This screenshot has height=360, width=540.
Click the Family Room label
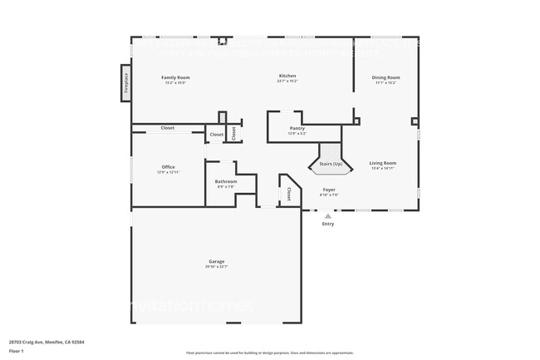(x=174, y=77)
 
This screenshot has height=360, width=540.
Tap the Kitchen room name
(x=287, y=76)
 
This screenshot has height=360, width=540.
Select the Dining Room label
(x=385, y=77)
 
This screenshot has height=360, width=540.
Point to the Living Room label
(x=383, y=163)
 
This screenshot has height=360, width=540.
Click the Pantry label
(x=297, y=128)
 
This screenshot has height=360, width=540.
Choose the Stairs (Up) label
(x=331, y=164)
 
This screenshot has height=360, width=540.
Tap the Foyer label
(x=330, y=190)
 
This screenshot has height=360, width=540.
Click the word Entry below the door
(x=328, y=224)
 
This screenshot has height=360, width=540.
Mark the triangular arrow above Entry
(x=328, y=215)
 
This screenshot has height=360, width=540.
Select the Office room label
(x=169, y=166)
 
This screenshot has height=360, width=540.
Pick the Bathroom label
(x=226, y=181)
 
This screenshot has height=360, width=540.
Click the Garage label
(x=217, y=262)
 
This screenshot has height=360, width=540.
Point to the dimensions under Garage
(x=217, y=267)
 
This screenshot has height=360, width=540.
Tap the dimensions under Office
(x=169, y=171)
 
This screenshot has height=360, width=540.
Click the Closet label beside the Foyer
(x=288, y=194)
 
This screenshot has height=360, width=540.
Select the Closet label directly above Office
(x=167, y=128)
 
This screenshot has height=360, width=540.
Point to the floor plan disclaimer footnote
(x=269, y=353)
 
